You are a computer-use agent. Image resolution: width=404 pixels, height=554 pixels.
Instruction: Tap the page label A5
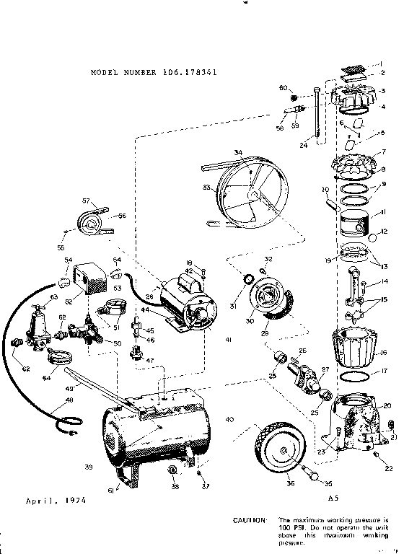333,498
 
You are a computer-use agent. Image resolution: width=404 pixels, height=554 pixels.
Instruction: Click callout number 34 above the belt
238,152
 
